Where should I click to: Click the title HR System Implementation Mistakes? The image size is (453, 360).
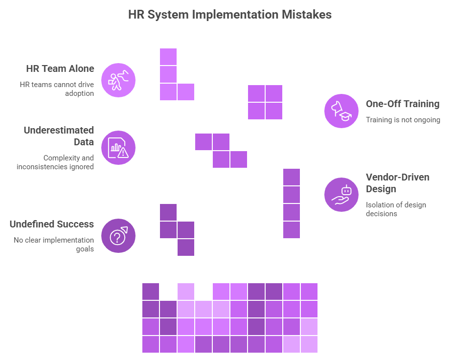tap(230, 15)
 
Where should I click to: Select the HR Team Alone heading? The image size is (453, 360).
tap(60, 68)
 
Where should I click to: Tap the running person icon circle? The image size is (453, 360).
tap(118, 80)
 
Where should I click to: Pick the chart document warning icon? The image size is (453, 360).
tap(118, 148)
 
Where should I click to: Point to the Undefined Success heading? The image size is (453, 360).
tap(52, 225)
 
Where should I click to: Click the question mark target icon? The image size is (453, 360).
tap(118, 236)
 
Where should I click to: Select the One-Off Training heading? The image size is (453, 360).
tap(403, 104)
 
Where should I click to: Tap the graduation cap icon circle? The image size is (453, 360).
tap(341, 111)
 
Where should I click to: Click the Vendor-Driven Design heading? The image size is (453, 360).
tap(398, 183)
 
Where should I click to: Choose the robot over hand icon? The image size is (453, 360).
tap(341, 195)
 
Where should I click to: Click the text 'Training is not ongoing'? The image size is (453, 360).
tap(403, 120)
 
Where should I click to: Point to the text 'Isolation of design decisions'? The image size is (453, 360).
tap(396, 209)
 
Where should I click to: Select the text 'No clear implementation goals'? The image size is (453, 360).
tap(54, 245)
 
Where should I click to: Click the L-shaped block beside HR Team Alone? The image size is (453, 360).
tap(169, 83)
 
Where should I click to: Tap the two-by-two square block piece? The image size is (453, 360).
tap(265, 102)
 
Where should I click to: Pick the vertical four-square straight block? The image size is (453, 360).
tap(292, 203)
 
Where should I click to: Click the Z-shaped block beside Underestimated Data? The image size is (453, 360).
tap(221, 151)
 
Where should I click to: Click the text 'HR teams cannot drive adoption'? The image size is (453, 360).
tap(57, 89)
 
